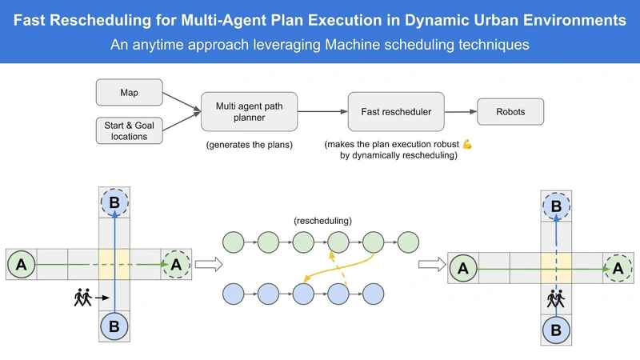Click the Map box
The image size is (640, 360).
click(129, 92)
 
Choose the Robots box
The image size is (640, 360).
click(510, 111)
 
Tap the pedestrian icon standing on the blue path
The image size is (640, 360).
click(556, 300)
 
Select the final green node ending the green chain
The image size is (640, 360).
click(408, 241)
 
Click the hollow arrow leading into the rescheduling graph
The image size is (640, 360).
click(206, 265)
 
